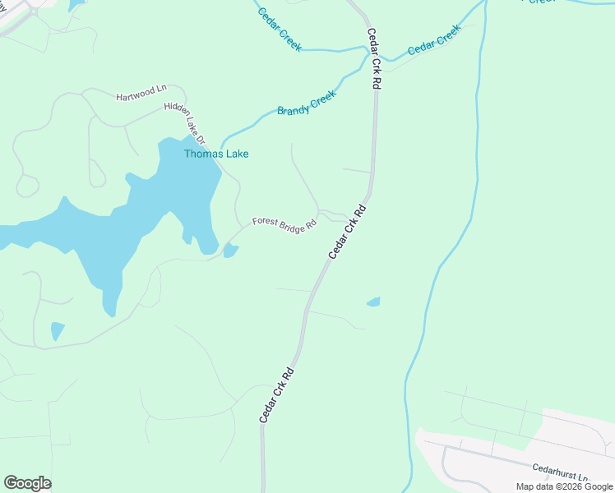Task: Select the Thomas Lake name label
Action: (x=216, y=154)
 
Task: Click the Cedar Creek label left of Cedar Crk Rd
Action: (x=280, y=30)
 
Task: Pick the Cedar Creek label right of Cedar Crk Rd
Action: (x=435, y=39)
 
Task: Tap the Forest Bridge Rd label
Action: (x=284, y=223)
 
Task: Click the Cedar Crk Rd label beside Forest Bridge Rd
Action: (x=346, y=233)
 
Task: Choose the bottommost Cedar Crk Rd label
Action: (x=276, y=395)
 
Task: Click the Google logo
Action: (x=27, y=483)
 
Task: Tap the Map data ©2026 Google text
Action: (x=564, y=486)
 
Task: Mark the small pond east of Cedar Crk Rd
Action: (x=373, y=302)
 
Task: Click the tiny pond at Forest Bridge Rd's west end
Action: (x=230, y=251)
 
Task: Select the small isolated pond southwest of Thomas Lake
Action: (x=57, y=330)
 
